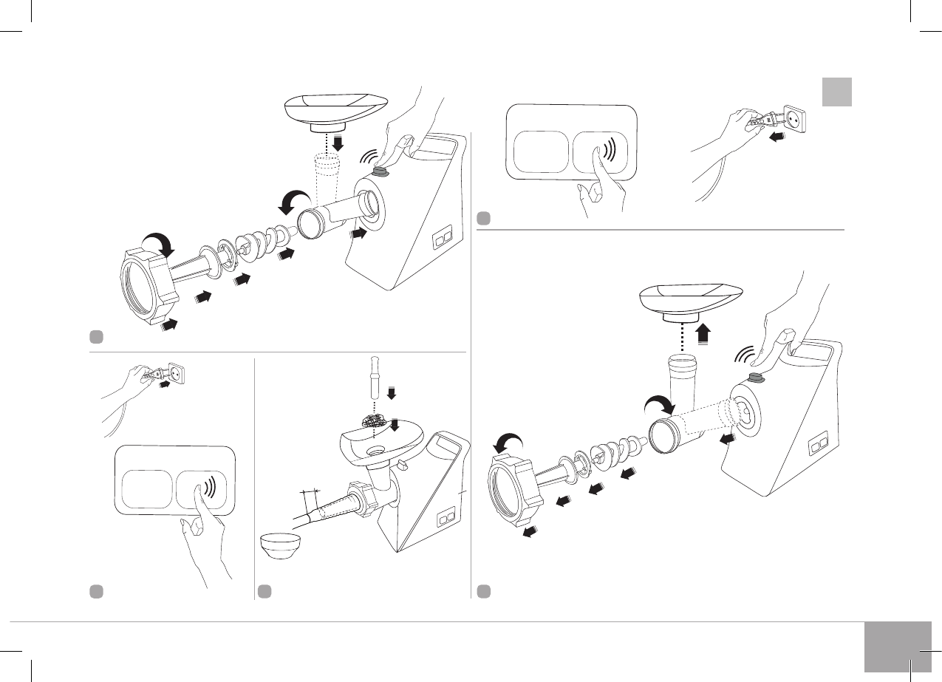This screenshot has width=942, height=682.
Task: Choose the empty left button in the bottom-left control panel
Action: (145, 489)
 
